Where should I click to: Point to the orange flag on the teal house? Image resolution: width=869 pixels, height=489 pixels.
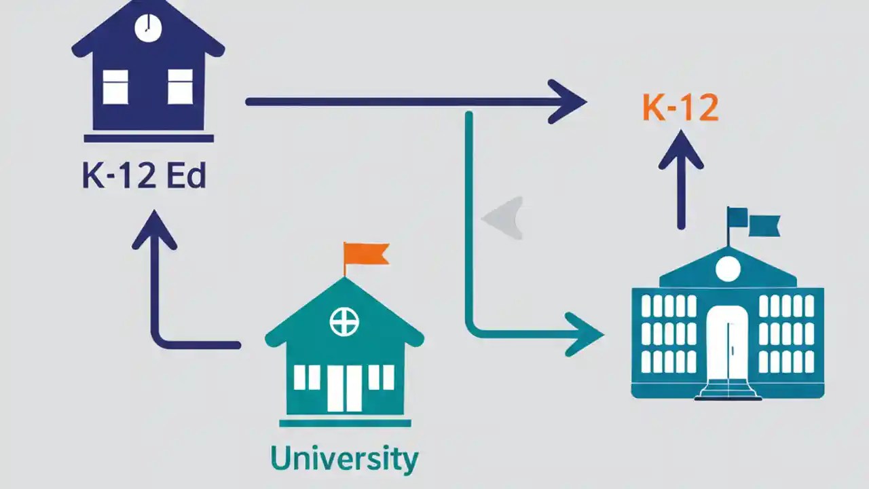(x=367, y=253)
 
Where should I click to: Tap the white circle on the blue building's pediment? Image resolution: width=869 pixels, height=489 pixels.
(x=727, y=269)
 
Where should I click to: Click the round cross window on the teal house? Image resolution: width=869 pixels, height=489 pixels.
(x=344, y=321)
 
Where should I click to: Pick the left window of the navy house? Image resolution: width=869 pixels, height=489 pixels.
(x=115, y=86)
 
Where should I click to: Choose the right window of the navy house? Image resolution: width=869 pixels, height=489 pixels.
(x=180, y=86)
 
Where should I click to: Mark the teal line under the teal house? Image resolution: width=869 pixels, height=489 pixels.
(x=344, y=423)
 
